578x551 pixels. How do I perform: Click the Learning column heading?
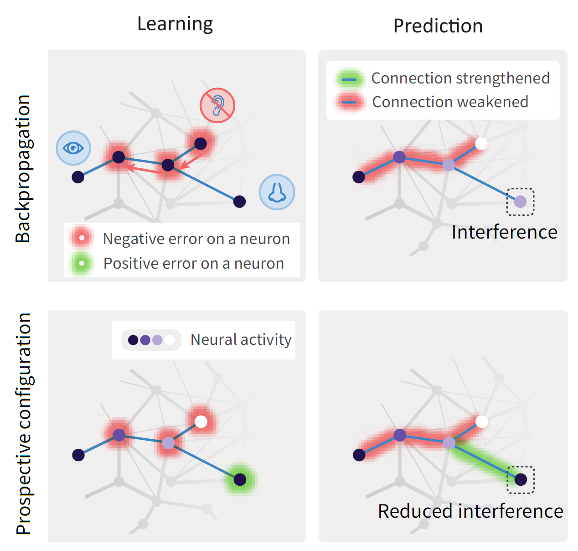[x=175, y=24]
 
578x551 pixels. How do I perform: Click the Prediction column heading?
[x=438, y=26]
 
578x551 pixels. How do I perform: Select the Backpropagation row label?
[x=23, y=168]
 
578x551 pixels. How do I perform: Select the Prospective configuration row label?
[x=23, y=423]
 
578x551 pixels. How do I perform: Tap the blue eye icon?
[x=73, y=148]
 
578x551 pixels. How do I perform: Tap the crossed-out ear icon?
[x=217, y=105]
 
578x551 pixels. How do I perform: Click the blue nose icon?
[x=277, y=192]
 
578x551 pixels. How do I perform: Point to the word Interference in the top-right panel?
[x=504, y=232]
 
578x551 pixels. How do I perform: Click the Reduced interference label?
[x=470, y=511]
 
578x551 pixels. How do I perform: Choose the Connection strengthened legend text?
[x=460, y=78]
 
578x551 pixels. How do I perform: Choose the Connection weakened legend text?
[x=450, y=102]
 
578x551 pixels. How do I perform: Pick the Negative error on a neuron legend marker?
[x=82, y=238]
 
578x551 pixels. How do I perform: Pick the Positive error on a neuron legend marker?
[x=82, y=263]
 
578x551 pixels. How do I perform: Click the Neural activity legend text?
[x=241, y=340]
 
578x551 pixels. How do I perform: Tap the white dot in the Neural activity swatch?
[x=170, y=340]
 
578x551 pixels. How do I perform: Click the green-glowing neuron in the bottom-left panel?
[x=240, y=479]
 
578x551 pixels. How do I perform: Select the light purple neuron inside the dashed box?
[x=520, y=202]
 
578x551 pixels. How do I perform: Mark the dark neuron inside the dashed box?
[x=521, y=479]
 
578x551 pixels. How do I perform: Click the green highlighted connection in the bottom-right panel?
[x=484, y=461]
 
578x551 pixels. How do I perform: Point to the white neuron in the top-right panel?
[x=481, y=144]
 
